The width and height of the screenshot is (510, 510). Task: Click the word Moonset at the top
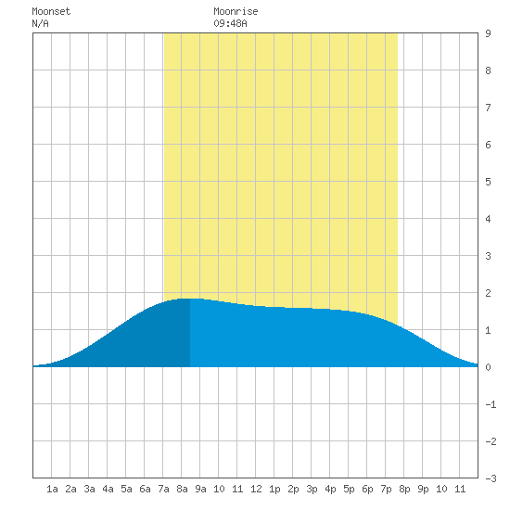pyautogui.click(x=51, y=11)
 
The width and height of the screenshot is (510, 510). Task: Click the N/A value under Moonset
pyautogui.click(x=40, y=23)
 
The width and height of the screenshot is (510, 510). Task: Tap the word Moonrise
pyautogui.click(x=236, y=11)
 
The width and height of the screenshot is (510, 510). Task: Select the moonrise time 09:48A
pyautogui.click(x=230, y=23)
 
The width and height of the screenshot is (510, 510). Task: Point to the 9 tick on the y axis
pyautogui.click(x=488, y=33)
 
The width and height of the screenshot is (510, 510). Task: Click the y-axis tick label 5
pyautogui.click(x=488, y=182)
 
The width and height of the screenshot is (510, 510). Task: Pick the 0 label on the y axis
pyautogui.click(x=488, y=367)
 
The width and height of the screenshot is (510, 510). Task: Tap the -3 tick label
pyautogui.click(x=491, y=478)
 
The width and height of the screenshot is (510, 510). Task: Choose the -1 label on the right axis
pyautogui.click(x=491, y=404)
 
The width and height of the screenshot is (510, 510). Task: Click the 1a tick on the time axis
pyautogui.click(x=52, y=489)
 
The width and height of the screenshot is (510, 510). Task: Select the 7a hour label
pyautogui.click(x=163, y=489)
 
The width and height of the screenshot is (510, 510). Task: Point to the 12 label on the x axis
pyautogui.click(x=256, y=489)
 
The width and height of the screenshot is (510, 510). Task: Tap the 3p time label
pyautogui.click(x=312, y=489)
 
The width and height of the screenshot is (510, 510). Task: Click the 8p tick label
pyautogui.click(x=404, y=489)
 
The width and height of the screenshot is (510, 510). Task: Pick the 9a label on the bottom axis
pyautogui.click(x=200, y=489)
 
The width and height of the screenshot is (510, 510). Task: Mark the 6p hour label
pyautogui.click(x=367, y=489)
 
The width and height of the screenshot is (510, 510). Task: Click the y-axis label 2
pyautogui.click(x=488, y=293)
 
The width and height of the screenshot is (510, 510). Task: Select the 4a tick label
pyautogui.click(x=108, y=489)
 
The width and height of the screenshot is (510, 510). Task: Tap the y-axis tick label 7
pyautogui.click(x=488, y=108)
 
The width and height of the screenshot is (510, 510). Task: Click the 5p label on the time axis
pyautogui.click(x=349, y=489)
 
